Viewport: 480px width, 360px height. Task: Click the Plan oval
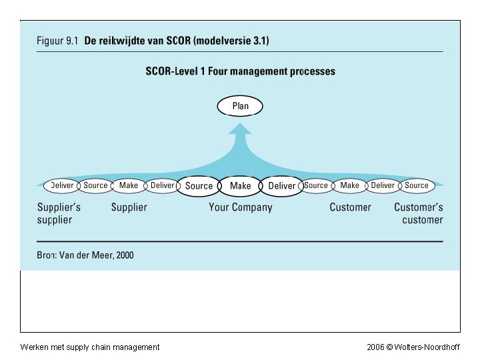coord(240,106)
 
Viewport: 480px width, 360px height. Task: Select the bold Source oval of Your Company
coord(199,186)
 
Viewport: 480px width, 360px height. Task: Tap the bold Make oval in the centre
coord(240,186)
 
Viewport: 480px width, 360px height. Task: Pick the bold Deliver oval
coord(281,186)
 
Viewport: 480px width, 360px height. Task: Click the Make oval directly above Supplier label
coord(129,185)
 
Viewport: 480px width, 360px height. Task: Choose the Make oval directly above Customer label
coord(349,185)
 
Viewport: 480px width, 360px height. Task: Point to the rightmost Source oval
coord(417,185)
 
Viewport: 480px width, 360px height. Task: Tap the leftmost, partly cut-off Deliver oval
coord(62,185)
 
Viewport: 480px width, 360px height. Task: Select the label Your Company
coord(240,207)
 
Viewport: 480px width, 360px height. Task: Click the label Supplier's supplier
coord(59,213)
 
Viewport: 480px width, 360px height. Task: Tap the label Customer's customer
coord(419,213)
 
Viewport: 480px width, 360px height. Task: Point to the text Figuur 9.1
coord(57,41)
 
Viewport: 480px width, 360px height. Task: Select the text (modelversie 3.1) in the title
coord(231,41)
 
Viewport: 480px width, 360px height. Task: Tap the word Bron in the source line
coord(47,255)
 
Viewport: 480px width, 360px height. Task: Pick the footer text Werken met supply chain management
coord(90,347)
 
